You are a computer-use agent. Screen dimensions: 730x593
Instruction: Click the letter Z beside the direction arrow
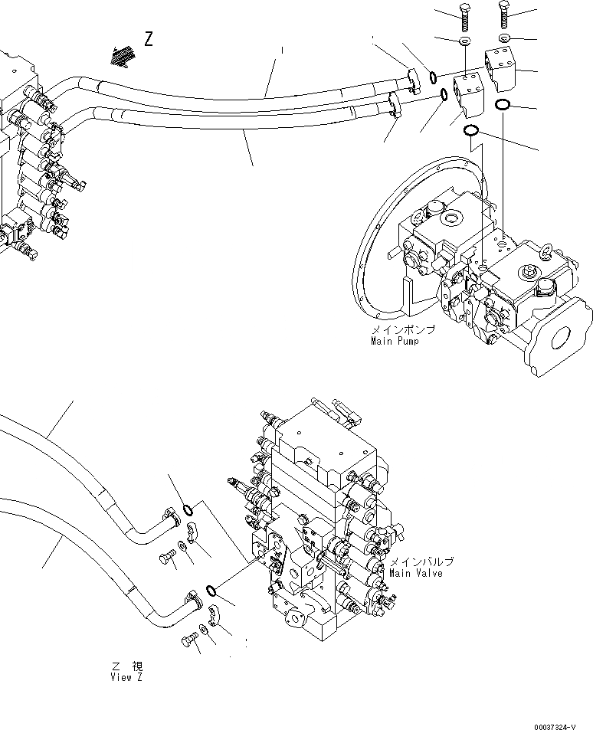[x=148, y=39]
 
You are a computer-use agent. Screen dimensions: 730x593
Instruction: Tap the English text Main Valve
[x=415, y=572]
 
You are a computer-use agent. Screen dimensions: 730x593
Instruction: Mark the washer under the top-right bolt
[x=503, y=37]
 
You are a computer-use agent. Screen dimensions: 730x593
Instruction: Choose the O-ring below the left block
[x=473, y=131]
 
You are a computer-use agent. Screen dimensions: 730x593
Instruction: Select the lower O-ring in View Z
[x=209, y=589]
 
